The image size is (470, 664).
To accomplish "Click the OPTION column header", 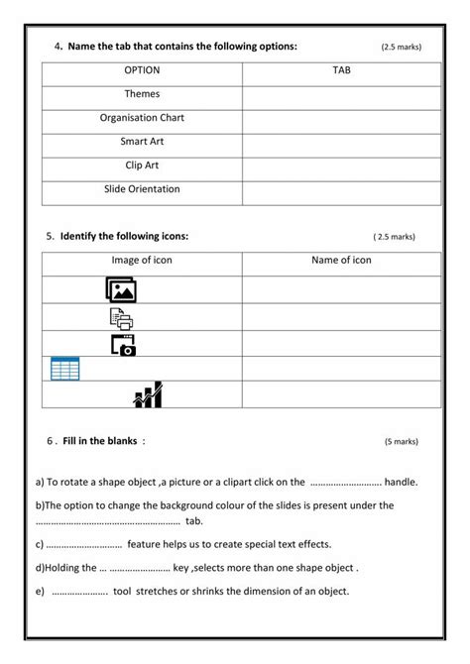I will point(142,71).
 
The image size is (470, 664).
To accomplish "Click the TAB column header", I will point(342,71).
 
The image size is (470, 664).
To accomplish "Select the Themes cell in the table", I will point(142,95).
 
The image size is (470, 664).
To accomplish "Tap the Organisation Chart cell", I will point(142,118).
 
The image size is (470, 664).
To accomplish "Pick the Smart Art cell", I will point(142,142).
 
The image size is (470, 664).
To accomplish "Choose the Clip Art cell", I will point(142,166).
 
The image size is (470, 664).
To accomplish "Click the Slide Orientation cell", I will point(142,188).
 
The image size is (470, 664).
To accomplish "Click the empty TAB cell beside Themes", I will point(342,95).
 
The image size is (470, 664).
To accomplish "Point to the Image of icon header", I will point(142,261).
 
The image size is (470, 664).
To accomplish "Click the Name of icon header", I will point(342,261).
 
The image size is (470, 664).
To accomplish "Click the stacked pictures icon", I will point(121,289).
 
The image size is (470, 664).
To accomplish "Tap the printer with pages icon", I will point(121,318).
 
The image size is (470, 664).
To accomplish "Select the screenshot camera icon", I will point(123,344).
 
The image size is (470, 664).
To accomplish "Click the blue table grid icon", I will point(65,369).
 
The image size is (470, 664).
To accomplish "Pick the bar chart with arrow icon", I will point(148,394).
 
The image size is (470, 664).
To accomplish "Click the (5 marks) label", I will point(402,443).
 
